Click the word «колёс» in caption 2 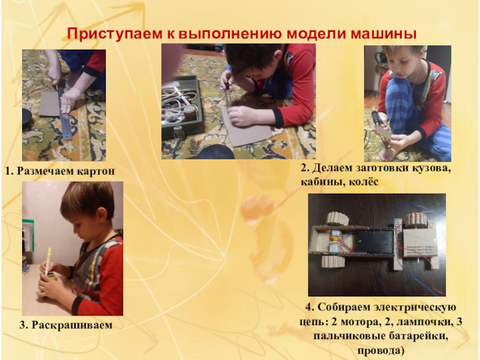pos(364,182)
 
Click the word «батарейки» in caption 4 pos(418,336)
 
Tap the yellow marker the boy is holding pos(48,261)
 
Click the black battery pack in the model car pos(374,242)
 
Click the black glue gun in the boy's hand pos(377,117)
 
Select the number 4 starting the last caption pos(308,307)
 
